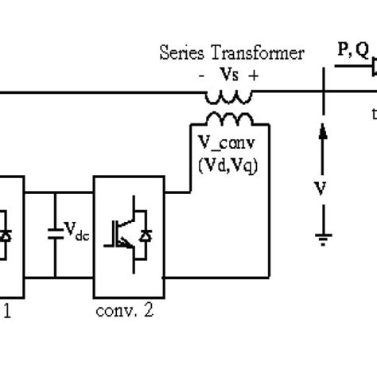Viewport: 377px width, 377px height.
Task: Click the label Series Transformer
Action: pos(232,53)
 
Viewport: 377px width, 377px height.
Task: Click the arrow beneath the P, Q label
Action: pos(351,69)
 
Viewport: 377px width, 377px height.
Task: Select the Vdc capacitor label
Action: pos(77,233)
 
